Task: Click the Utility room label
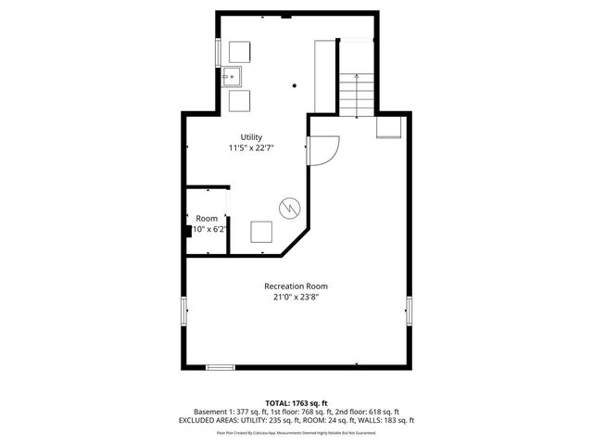pyautogui.click(x=252, y=137)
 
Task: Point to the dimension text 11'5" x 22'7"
pyautogui.click(x=252, y=147)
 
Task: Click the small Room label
pyautogui.click(x=206, y=218)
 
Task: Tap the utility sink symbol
pyautogui.click(x=232, y=76)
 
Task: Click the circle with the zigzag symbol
pyautogui.click(x=290, y=209)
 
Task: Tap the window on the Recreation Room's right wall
pyautogui.click(x=409, y=311)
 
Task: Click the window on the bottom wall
pyautogui.click(x=220, y=367)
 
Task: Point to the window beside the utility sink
pyautogui.click(x=219, y=52)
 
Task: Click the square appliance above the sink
pyautogui.click(x=240, y=51)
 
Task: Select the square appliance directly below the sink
pyautogui.click(x=240, y=100)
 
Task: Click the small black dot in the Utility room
pyautogui.click(x=295, y=85)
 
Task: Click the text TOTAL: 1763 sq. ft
pyautogui.click(x=296, y=402)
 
